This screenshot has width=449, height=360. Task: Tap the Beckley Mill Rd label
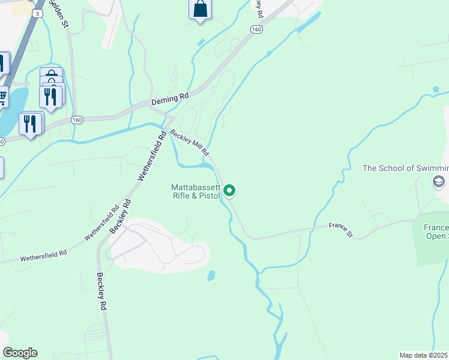pos(189,142)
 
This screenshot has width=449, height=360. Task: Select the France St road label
pos(341,230)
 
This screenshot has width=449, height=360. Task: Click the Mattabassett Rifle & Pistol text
pos(195,191)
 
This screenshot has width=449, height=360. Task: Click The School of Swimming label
pos(405,168)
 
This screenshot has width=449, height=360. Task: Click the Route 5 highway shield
pos(39,13)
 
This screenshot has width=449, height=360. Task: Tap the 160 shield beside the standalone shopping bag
pos(257,29)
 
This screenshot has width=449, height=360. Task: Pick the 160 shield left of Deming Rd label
pos(77,120)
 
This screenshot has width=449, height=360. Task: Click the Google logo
pos(20,353)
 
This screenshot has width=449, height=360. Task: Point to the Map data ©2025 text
pos(424,355)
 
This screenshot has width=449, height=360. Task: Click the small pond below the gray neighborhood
pos(211,276)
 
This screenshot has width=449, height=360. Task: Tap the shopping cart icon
pos(2,96)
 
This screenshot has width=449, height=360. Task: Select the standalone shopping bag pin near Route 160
pos(200,10)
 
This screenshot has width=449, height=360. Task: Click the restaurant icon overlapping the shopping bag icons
pos(50,96)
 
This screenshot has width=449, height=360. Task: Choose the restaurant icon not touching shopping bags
pos(29,124)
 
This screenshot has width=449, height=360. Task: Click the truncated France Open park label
pos(436,232)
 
